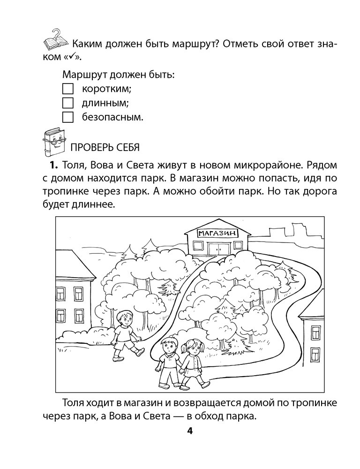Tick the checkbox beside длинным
point(68,102)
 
